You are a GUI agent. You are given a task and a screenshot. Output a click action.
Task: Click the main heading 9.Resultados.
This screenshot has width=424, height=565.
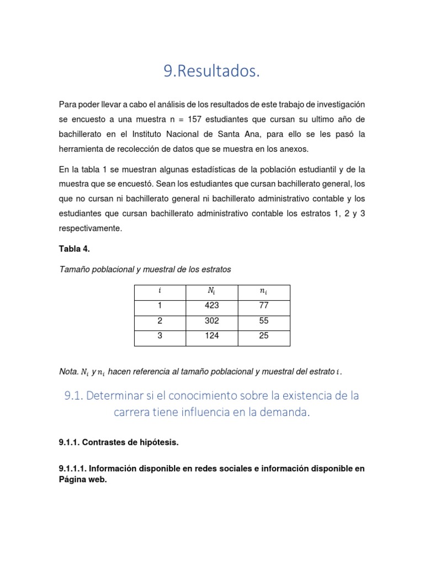(x=211, y=71)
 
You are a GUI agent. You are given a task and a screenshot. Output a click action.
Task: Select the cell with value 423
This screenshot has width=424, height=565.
(x=211, y=305)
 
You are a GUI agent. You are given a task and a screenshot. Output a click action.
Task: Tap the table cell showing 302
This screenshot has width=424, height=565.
(x=211, y=321)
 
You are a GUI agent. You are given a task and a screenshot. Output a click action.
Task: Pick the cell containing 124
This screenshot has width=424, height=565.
(x=211, y=335)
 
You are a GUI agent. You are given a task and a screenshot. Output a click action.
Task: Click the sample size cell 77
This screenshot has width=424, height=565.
(x=263, y=305)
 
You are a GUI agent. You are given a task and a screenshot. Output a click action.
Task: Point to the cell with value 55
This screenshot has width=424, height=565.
(x=263, y=321)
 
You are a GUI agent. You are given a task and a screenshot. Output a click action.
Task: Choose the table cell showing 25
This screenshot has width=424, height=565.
(x=263, y=335)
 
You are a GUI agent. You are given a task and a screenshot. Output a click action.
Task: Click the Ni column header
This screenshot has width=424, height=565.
(x=211, y=291)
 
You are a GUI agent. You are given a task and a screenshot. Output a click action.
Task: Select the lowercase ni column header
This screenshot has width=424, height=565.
(x=263, y=291)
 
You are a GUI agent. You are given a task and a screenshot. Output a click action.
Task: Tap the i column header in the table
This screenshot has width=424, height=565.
(x=160, y=291)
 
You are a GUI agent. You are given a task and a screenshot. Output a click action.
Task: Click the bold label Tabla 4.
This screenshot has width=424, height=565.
(x=74, y=249)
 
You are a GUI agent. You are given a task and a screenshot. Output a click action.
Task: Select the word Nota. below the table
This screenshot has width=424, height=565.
(x=68, y=372)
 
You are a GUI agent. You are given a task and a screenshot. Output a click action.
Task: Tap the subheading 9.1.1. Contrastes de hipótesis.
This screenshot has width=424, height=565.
(x=119, y=443)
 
